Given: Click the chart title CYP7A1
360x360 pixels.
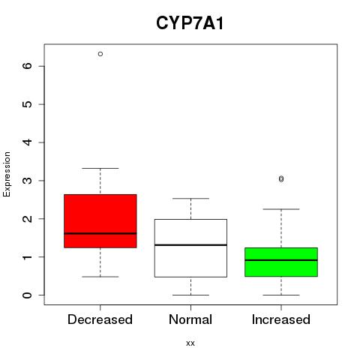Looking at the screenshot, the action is coord(190,23).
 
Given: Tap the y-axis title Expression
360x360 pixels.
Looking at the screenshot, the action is coord(7,174).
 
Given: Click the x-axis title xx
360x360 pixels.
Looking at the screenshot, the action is coord(190,343).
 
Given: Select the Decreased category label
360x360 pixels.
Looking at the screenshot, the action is coord(100,319).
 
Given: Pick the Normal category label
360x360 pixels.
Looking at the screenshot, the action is coord(190,319).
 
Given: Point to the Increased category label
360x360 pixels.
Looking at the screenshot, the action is coord(281,319).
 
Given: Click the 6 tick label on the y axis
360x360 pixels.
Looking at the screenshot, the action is coord(27,66).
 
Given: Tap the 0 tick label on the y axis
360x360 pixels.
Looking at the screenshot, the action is coord(27,295).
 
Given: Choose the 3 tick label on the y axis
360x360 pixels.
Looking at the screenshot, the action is coord(27,181).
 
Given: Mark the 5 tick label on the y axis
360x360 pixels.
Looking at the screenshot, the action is coord(27,104).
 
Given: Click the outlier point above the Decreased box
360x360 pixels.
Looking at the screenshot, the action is coord(100,54).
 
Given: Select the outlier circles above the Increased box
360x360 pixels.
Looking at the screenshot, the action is coord(281,178).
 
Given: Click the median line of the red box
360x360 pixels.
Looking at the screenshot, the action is coord(100,233).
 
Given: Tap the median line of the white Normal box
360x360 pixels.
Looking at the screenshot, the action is coord(190,245).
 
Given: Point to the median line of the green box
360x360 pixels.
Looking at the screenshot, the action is coord(281,260).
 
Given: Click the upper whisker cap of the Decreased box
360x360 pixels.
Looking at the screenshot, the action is coord(100,168).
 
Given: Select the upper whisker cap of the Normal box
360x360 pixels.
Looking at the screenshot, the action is coord(190,199).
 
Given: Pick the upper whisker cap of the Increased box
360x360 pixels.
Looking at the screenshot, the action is coord(281,209).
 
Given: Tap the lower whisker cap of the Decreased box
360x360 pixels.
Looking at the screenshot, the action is coord(100,277).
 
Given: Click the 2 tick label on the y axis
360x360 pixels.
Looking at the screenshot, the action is coord(27,219).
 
